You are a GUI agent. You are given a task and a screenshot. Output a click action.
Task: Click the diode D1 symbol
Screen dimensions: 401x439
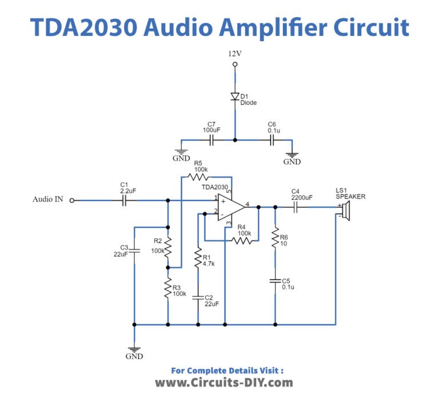coord(234,96)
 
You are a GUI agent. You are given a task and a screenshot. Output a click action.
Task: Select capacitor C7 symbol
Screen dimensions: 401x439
coord(211,139)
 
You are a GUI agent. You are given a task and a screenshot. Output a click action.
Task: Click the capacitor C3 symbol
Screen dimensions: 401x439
coord(134,250)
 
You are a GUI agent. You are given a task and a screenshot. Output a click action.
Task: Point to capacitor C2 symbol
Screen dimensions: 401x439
coord(198,298)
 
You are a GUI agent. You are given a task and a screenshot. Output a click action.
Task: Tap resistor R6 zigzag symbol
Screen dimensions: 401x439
coord(275,236)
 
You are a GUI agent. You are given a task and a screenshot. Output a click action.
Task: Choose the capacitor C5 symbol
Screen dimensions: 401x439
coord(275,281)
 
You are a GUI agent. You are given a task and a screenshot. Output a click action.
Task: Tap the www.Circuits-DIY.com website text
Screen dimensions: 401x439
coord(224,382)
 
